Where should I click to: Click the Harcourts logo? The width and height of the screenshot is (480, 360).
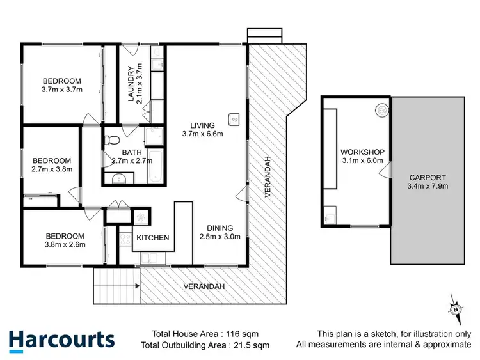tap(61, 340)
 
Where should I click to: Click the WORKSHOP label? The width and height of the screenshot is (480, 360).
tap(363, 152)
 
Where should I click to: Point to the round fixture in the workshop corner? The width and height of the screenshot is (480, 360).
tap(381, 110)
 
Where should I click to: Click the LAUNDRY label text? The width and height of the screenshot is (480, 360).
tap(131, 84)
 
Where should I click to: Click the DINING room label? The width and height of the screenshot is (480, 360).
tap(219, 228)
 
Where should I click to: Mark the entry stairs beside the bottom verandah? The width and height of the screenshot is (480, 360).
tap(116, 285)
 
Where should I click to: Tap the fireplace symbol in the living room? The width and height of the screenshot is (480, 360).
tap(235, 118)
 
